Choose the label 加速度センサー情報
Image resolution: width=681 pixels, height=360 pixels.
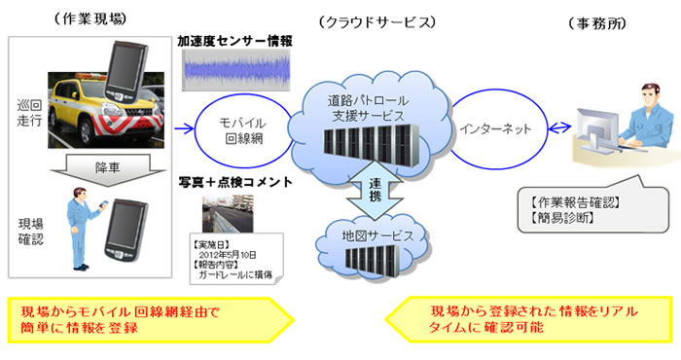coord(235,41)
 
